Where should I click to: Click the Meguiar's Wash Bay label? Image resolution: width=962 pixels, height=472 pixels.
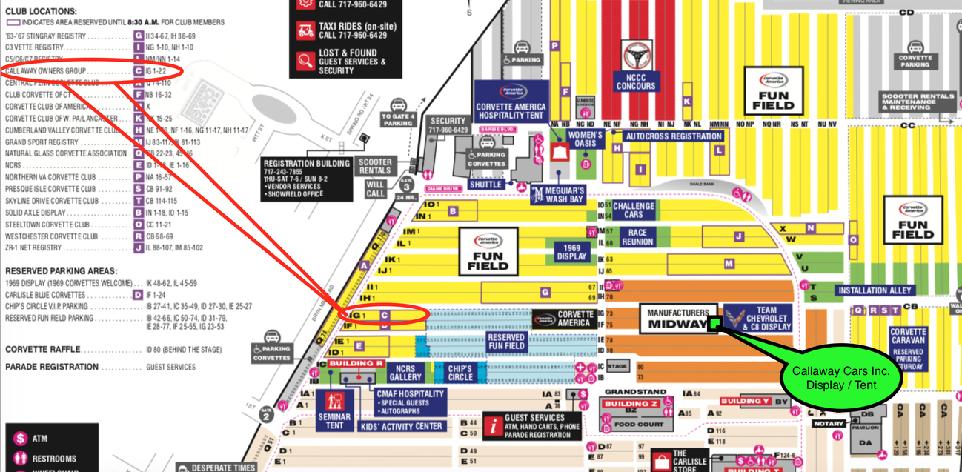coord(557,195)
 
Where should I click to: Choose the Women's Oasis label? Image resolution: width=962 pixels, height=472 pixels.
coord(586,140)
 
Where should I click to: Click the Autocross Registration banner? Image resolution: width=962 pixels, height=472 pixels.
coord(673,136)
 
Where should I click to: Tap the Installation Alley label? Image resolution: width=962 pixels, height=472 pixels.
coord(874,290)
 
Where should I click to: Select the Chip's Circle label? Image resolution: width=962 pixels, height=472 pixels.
coord(460,373)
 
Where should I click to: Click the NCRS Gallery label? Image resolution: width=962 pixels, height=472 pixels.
coord(405,373)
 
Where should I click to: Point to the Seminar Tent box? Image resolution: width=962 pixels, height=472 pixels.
coord(334,410)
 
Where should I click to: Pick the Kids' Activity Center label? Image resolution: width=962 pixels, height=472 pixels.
coord(401,426)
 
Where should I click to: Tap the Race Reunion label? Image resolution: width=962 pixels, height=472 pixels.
coord(637,237)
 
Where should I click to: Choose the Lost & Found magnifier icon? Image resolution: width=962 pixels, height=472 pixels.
coord(305,62)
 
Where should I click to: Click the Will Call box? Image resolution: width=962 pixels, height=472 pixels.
coord(376,189)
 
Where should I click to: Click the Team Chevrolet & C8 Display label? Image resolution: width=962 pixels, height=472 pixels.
coord(757,319)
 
